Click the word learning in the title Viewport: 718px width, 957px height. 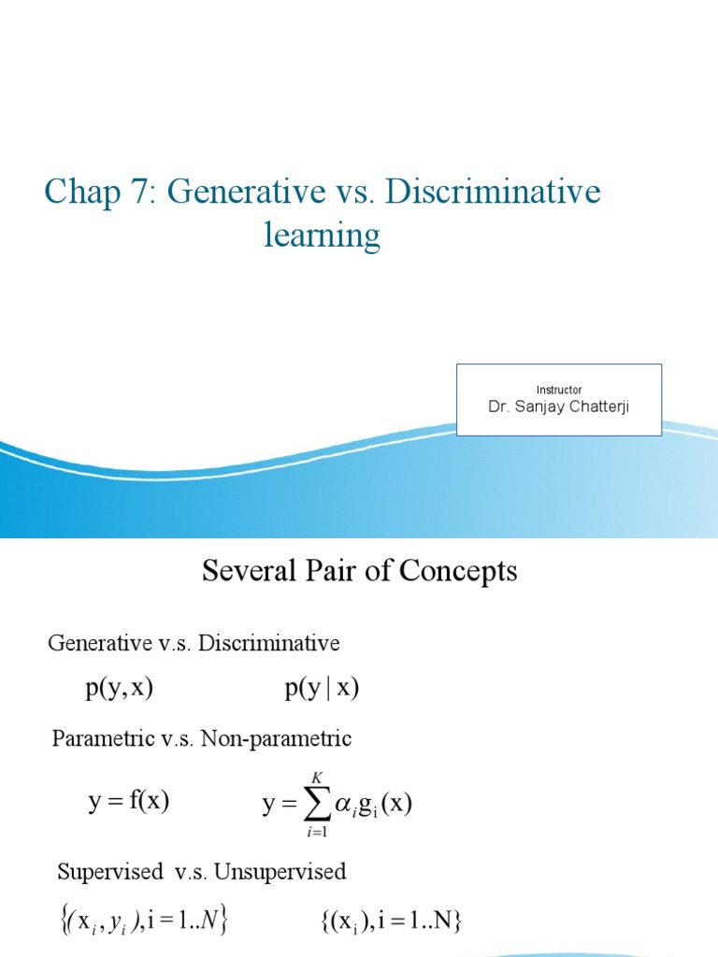tap(322, 236)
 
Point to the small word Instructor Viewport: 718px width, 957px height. tap(559, 390)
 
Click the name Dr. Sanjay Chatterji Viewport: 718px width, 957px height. tap(559, 407)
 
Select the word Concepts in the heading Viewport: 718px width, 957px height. tap(460, 571)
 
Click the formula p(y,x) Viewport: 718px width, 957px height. tap(119, 690)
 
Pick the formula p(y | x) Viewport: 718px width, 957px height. tap(322, 690)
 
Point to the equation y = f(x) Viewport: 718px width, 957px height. tap(128, 801)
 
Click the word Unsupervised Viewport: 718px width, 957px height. tap(280, 872)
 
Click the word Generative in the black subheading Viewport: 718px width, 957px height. tap(99, 643)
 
